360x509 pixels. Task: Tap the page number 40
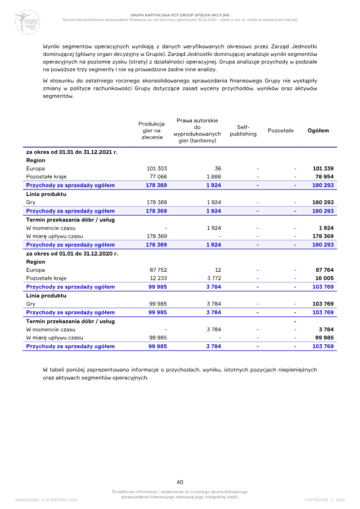pyautogui.click(x=180, y=482)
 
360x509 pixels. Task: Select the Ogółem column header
pyautogui.click(x=318, y=131)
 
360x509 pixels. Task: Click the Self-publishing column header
pyautogui.click(x=243, y=131)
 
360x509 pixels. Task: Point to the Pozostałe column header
pyautogui.click(x=280, y=131)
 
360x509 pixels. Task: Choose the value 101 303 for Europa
pyautogui.click(x=157, y=168)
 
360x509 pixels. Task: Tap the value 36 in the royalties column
pyautogui.click(x=218, y=168)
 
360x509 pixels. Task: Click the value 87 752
pyautogui.click(x=158, y=270)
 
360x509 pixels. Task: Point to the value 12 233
pyautogui.click(x=158, y=278)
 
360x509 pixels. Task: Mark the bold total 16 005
pyautogui.click(x=324, y=278)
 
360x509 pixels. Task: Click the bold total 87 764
pyautogui.click(x=324, y=270)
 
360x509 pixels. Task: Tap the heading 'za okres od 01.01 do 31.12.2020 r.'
pyautogui.click(x=72, y=253)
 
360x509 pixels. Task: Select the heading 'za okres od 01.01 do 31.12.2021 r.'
pyautogui.click(x=72, y=152)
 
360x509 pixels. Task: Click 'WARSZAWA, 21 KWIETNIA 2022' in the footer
pyautogui.click(x=46, y=500)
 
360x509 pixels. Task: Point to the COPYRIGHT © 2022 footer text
pyautogui.click(x=324, y=500)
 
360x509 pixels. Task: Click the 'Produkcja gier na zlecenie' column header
pyautogui.click(x=152, y=131)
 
